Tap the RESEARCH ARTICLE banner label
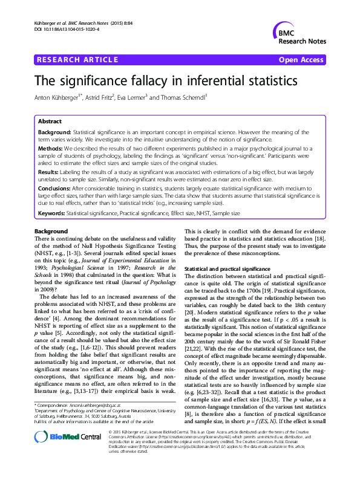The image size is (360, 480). [77, 60]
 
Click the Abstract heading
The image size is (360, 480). [50, 121]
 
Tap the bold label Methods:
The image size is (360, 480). [52, 148]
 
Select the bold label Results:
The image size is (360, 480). [50, 172]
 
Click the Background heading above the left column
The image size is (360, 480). [51, 232]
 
